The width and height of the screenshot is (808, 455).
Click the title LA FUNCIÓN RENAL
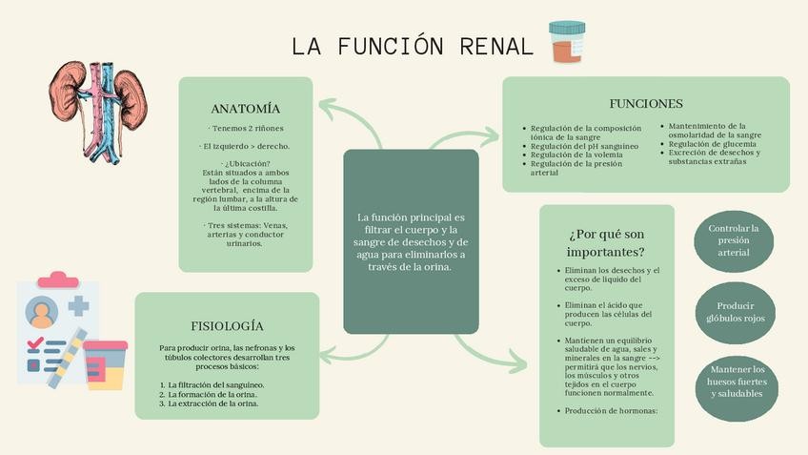(x=412, y=46)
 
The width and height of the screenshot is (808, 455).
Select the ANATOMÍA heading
(x=245, y=109)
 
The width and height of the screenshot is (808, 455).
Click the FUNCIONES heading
(x=645, y=103)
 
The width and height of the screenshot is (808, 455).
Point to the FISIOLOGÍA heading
(x=227, y=326)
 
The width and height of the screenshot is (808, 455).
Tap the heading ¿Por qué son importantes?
(x=606, y=243)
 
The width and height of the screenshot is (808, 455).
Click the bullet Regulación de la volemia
(x=576, y=155)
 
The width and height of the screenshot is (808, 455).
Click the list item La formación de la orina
(x=212, y=394)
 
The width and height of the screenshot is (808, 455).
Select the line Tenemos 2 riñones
(x=246, y=128)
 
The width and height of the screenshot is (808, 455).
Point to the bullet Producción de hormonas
(x=606, y=411)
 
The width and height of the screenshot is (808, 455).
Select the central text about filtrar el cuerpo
(x=410, y=241)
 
